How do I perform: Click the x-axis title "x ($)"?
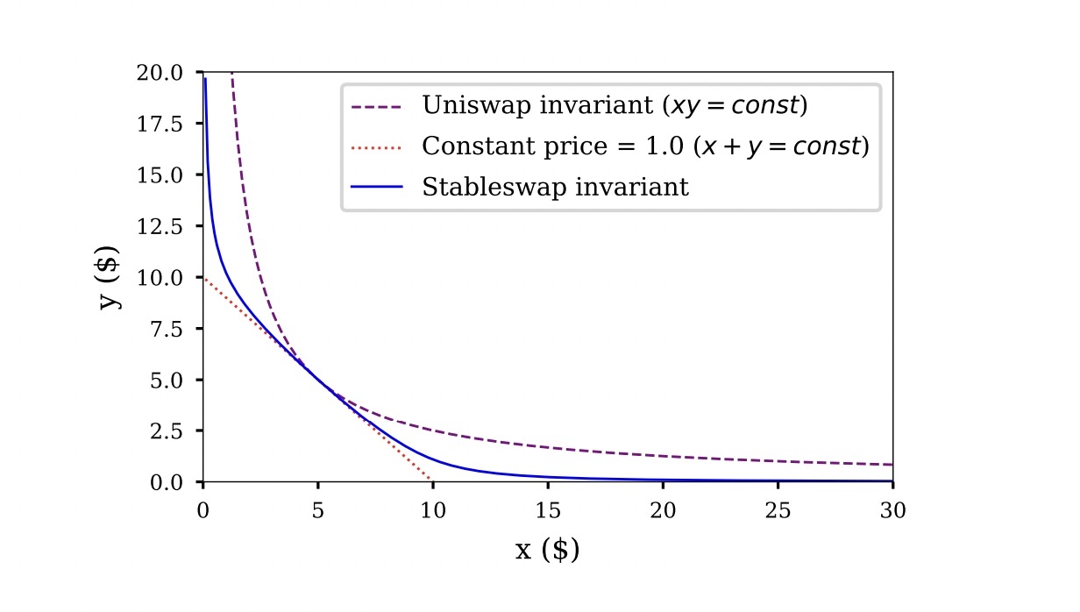point(547,551)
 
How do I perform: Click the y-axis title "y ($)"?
point(110,277)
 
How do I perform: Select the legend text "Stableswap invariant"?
point(555,188)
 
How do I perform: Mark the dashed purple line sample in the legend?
point(376,107)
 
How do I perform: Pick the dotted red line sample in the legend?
point(376,147)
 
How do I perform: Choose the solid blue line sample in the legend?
point(376,188)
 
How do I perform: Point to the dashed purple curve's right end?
point(892,464)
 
